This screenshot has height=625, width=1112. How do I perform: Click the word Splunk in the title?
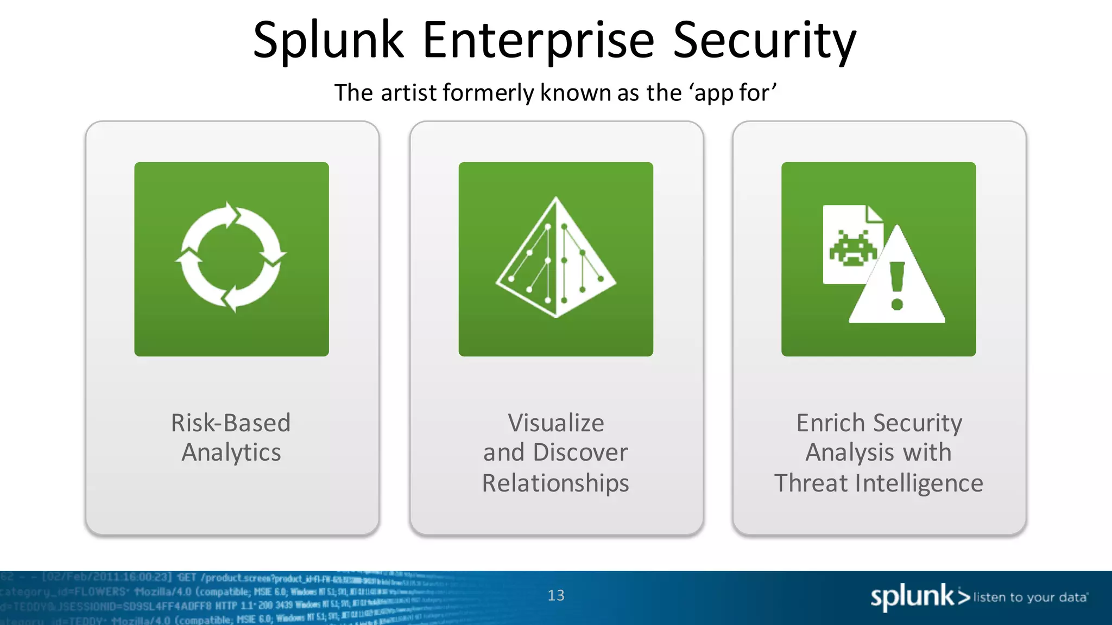pyautogui.click(x=328, y=41)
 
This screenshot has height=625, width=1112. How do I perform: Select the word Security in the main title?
pyautogui.click(x=764, y=41)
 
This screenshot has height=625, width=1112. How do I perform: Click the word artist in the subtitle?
pyautogui.click(x=409, y=93)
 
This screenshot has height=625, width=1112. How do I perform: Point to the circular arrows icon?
pyautogui.click(x=231, y=257)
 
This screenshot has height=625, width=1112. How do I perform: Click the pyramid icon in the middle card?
pyautogui.click(x=555, y=258)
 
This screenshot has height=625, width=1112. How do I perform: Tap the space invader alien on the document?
pyautogui.click(x=852, y=248)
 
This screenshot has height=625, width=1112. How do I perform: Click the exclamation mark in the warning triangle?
pyautogui.click(x=897, y=285)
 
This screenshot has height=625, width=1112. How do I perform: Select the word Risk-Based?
pyautogui.click(x=231, y=423)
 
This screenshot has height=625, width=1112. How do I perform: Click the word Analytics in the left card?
pyautogui.click(x=231, y=452)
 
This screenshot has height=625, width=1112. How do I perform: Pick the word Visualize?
pyautogui.click(x=555, y=423)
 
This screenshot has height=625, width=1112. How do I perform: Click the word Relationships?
pyautogui.click(x=555, y=483)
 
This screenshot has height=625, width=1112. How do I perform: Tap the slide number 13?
pyautogui.click(x=556, y=596)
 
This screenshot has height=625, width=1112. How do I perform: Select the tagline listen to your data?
pyautogui.click(x=1030, y=597)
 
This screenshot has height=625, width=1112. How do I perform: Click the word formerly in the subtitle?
pyautogui.click(x=489, y=93)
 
